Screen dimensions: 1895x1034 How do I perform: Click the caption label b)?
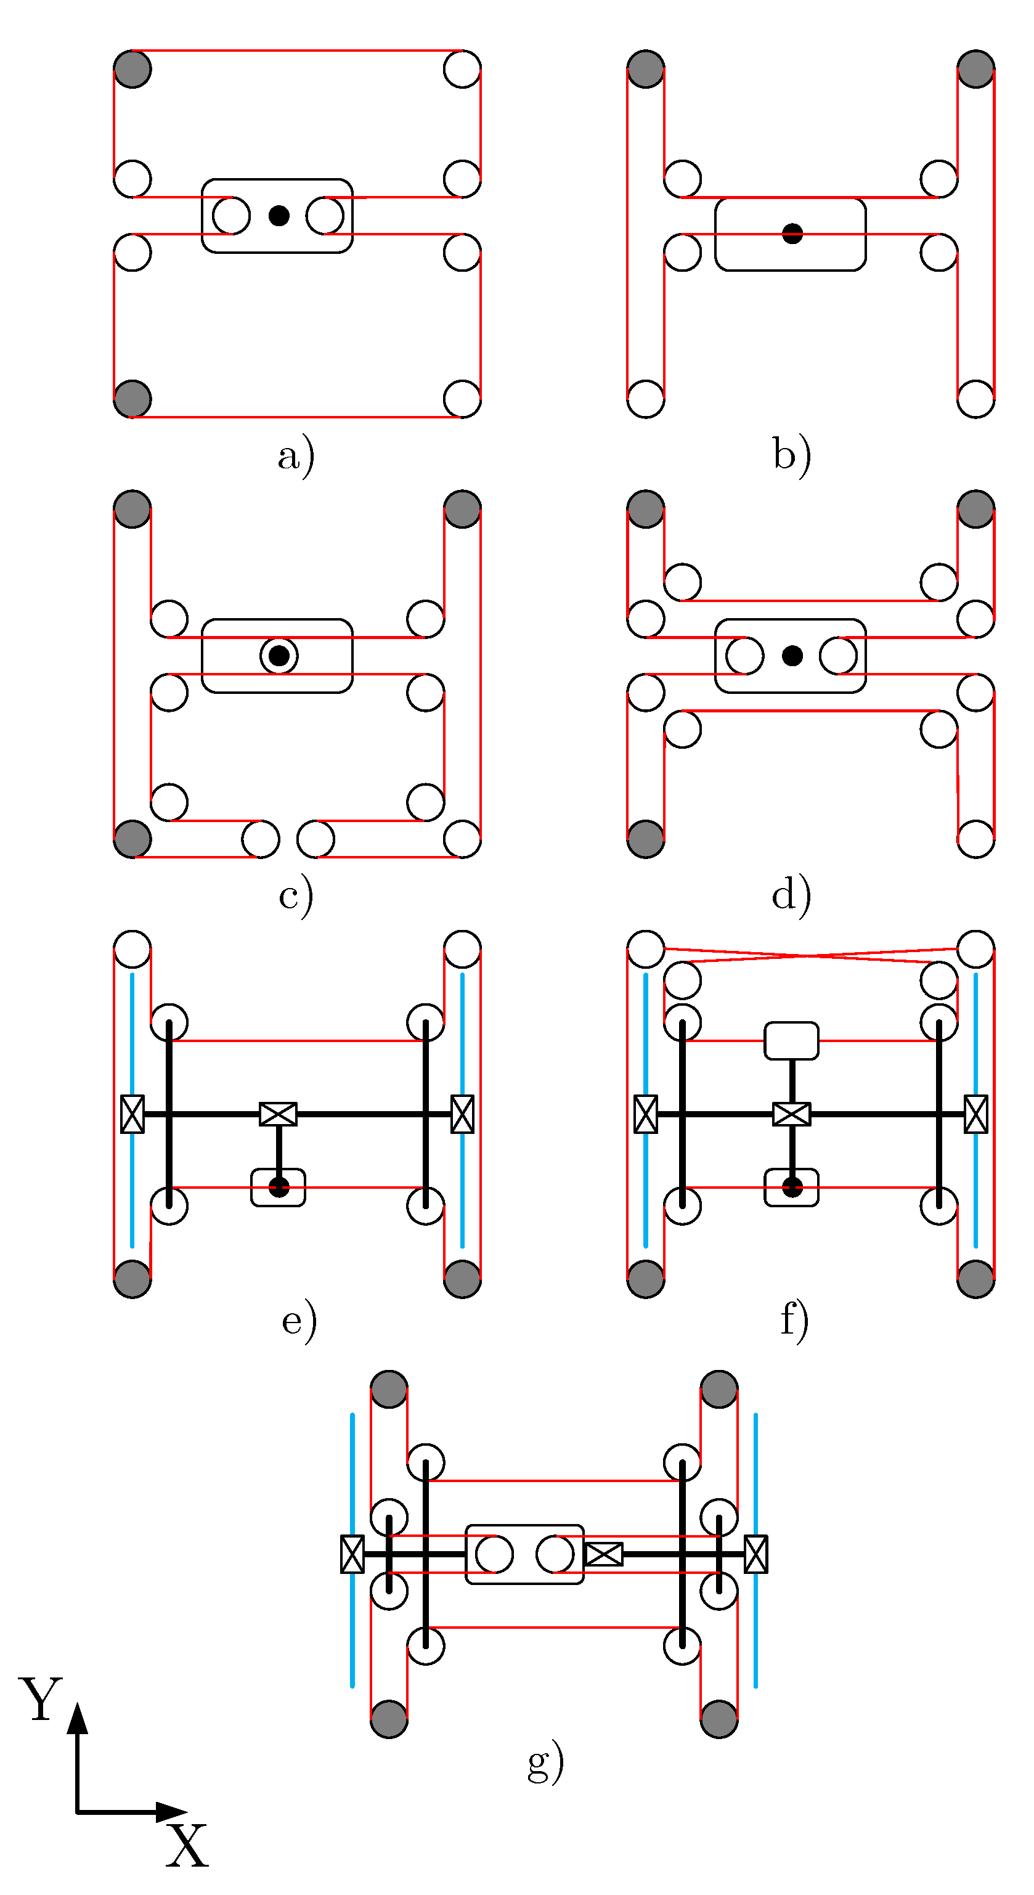point(792,455)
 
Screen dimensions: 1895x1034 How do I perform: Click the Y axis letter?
point(41,1699)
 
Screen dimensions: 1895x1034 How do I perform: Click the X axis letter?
point(186,1846)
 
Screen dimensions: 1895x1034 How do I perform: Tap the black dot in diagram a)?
point(279,216)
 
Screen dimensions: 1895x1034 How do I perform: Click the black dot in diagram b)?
point(792,234)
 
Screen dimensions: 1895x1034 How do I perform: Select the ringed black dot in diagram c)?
point(279,656)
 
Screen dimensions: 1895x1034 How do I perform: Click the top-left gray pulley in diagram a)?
point(132,69)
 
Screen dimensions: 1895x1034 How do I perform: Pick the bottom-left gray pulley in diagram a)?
point(132,399)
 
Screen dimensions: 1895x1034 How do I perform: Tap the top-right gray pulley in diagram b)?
point(976,69)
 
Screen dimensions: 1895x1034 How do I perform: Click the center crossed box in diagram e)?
point(279,1114)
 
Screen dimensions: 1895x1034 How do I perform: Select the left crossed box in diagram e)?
point(132,1114)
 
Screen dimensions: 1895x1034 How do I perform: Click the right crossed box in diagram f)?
point(976,1114)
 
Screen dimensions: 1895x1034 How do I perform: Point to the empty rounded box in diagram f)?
point(791,1040)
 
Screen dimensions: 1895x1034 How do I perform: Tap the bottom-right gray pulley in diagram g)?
point(719,1719)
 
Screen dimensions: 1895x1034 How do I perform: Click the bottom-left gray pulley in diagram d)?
point(646,839)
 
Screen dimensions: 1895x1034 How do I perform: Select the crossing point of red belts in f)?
point(809,956)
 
